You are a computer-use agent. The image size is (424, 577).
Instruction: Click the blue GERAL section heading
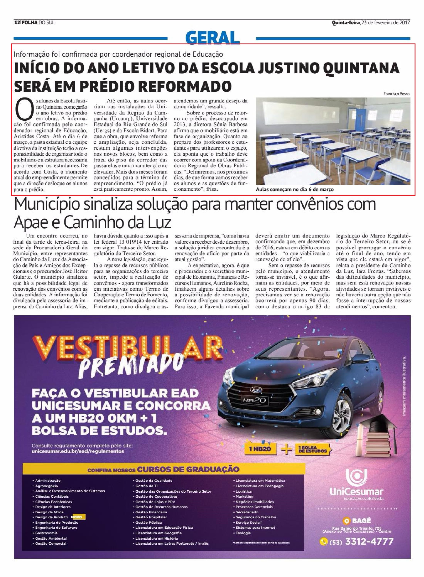(213, 38)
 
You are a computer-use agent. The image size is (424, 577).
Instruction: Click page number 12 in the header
(17, 23)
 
